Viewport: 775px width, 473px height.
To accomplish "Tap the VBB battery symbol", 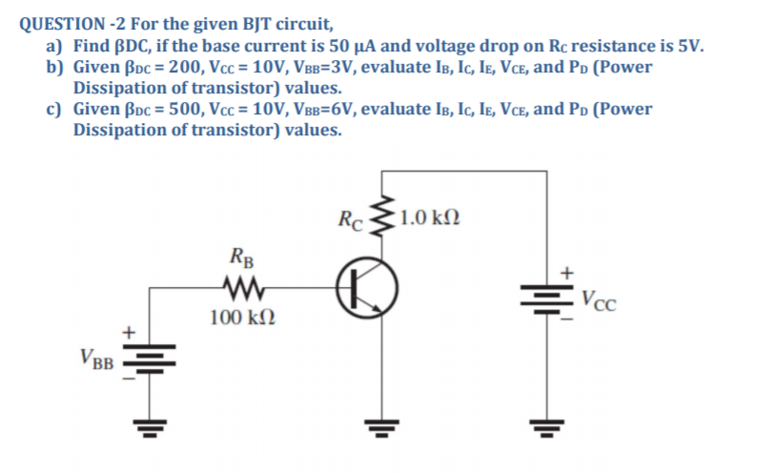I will [x=146, y=360].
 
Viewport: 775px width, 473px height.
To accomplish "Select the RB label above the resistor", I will [x=241, y=257].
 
